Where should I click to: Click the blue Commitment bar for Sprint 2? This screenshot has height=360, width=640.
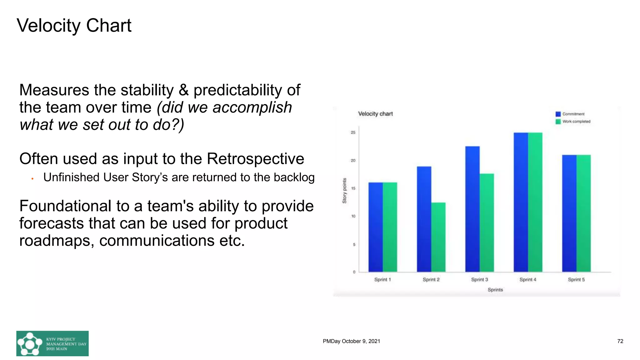424,219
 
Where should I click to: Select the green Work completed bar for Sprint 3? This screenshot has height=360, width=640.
487,222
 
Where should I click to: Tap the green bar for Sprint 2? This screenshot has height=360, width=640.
438,237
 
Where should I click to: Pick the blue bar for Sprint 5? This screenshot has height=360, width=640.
569,213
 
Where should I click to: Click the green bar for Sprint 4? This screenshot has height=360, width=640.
535,202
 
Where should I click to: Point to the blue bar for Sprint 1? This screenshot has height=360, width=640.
375,227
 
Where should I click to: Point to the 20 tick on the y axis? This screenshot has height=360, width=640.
353,160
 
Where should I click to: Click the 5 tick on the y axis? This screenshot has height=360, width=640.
354,244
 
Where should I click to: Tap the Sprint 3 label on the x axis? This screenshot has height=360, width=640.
479,280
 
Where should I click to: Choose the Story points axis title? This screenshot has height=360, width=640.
344,191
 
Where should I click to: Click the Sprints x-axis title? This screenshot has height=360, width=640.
495,290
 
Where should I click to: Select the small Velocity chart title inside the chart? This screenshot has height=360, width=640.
375,114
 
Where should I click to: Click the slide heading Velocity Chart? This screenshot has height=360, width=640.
74,25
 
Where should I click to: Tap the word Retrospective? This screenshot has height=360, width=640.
255,159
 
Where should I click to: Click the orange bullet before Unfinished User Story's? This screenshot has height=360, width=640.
32,179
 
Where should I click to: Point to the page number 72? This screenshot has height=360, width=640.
620,341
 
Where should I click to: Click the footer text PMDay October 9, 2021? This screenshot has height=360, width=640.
351,341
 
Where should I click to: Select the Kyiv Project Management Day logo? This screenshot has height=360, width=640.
52,343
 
